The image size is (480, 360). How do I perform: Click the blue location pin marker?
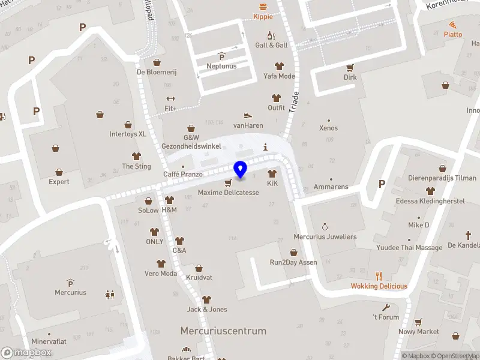click(241, 170)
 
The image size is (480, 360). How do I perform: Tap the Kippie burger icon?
click(262, 7)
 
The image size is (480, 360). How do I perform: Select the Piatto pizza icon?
click(453, 25)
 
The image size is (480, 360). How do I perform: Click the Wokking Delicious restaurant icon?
click(379, 276)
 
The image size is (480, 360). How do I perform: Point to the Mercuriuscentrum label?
click(223, 331)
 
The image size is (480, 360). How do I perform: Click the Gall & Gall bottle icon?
click(271, 35)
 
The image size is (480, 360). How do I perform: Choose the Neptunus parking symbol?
click(221, 56)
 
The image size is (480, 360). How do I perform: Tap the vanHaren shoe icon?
click(248, 116)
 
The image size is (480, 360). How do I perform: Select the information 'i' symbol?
click(265, 147)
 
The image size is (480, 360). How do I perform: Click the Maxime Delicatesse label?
click(229, 193)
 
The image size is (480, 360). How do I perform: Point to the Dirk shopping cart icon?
click(350, 67)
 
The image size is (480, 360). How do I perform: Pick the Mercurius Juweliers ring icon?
click(325, 227)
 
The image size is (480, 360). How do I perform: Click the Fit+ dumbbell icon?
click(170, 99)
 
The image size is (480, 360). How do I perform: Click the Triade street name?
click(294, 103)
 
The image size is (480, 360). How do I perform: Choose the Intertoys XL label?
click(128, 134)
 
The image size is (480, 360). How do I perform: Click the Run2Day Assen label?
click(293, 262)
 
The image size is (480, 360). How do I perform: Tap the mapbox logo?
click(26, 353)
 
